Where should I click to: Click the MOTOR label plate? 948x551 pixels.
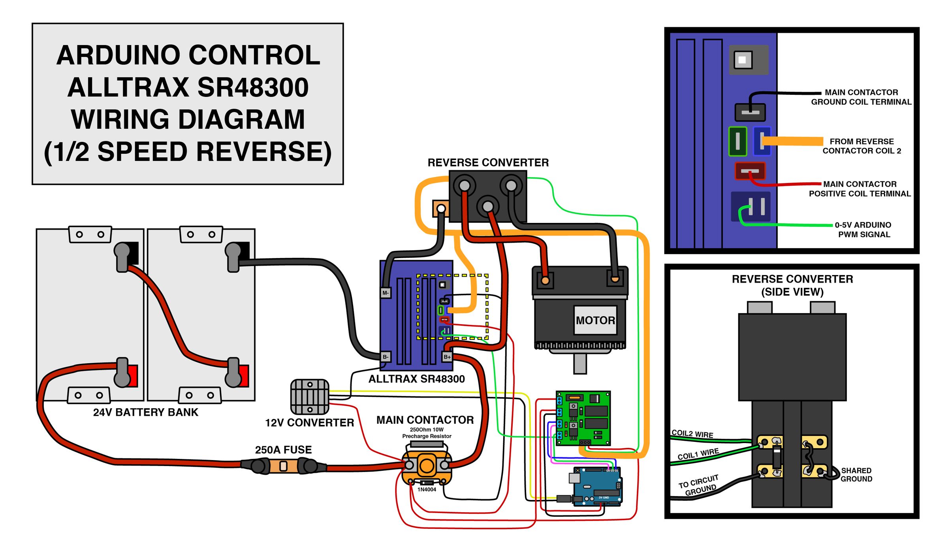point(595,320)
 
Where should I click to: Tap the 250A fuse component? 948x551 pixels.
point(283,466)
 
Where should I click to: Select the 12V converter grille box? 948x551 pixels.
point(310,396)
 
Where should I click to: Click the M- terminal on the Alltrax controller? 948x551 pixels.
point(386,293)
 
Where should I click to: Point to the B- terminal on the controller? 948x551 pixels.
point(386,357)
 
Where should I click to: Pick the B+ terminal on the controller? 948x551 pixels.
point(447,357)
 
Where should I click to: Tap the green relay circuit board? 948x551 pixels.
point(583,418)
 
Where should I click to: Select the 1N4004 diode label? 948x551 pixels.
point(427,489)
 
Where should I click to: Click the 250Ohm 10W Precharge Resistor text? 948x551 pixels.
point(427,433)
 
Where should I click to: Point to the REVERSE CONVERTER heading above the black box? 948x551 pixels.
point(488,162)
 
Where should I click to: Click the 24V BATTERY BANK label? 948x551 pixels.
point(145,412)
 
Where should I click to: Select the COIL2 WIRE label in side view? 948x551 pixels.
point(692,434)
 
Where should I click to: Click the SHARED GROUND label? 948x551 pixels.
point(856,475)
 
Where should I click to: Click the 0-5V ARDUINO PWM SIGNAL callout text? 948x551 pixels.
point(863,230)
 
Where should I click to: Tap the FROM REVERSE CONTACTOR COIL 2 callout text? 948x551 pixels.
point(862,146)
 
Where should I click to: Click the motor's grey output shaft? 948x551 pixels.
point(580,364)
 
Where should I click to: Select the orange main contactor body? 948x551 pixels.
point(427,465)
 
